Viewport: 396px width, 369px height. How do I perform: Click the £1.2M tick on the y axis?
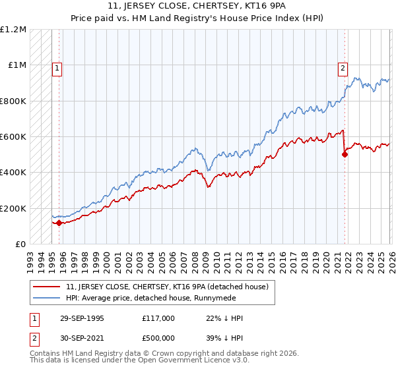[13, 30]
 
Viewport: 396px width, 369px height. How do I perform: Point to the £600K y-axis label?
[13, 137]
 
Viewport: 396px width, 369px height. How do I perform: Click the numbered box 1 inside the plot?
[57, 67]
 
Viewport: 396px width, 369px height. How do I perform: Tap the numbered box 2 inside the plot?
[343, 67]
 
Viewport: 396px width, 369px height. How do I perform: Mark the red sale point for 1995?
[59, 223]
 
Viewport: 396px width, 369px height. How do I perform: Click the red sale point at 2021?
[345, 155]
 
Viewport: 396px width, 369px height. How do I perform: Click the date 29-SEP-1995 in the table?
[80, 318]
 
